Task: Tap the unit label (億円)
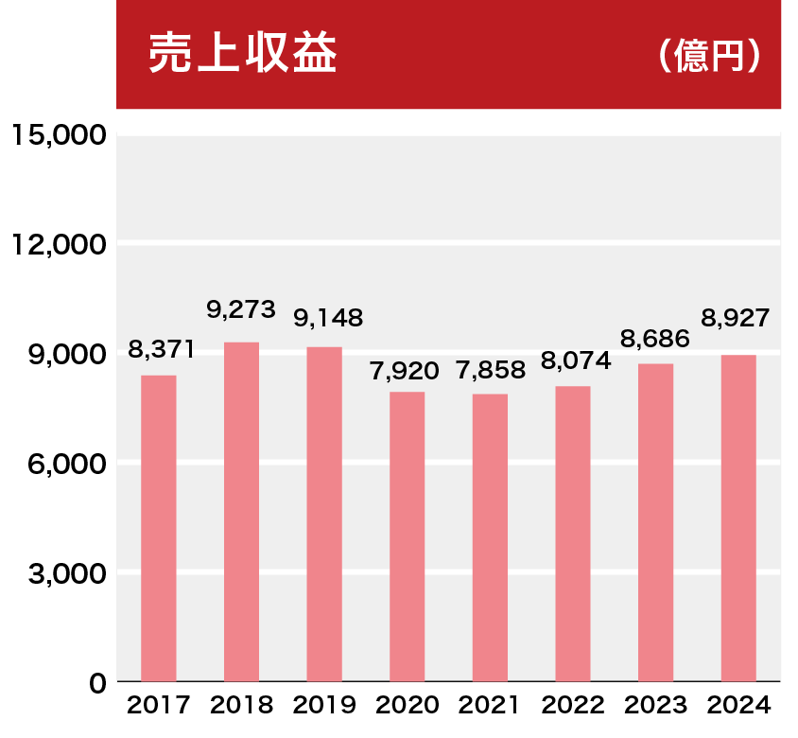(x=709, y=57)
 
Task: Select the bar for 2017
(x=159, y=528)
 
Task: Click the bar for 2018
(x=241, y=511)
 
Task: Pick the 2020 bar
(x=407, y=536)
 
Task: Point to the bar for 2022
(x=573, y=534)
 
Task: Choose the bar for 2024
(x=738, y=518)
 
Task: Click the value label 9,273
(x=241, y=309)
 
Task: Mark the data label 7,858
(x=490, y=370)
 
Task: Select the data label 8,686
(x=655, y=337)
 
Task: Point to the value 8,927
(x=736, y=317)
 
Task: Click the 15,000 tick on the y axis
(x=59, y=134)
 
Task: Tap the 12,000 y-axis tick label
(x=59, y=244)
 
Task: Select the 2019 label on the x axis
(x=324, y=706)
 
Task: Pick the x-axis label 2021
(x=490, y=706)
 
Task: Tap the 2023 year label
(x=655, y=706)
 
